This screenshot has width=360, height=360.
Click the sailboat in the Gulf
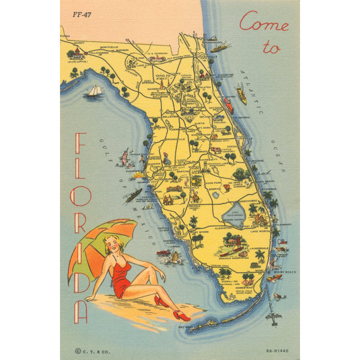click(95, 91)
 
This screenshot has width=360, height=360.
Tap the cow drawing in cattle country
click(214, 149)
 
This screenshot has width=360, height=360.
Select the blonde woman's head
click(112, 244)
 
